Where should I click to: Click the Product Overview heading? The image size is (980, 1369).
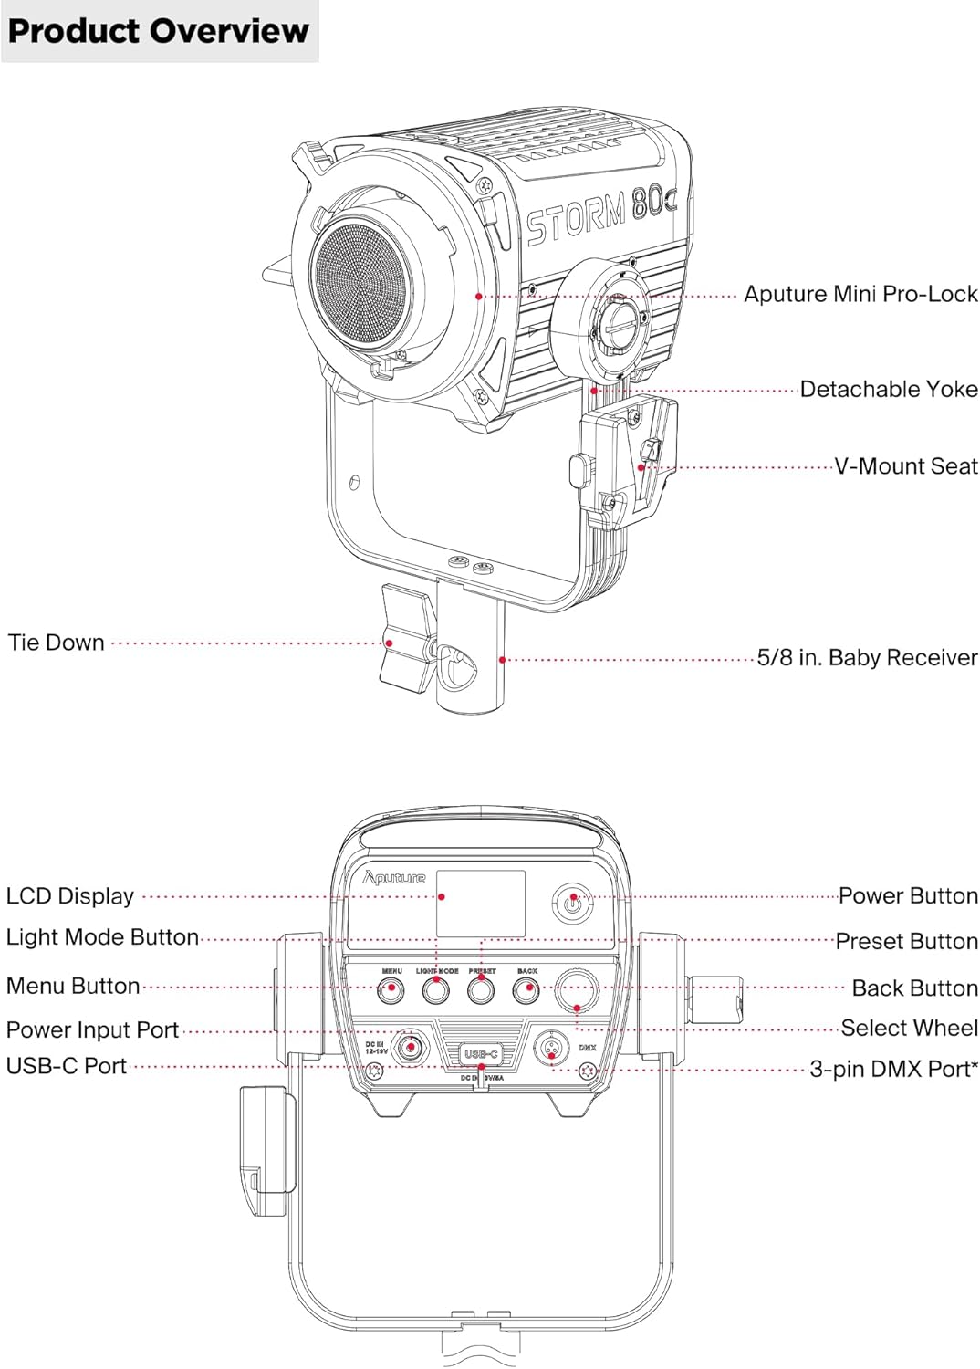point(158,31)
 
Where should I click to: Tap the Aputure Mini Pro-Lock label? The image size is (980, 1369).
point(860,294)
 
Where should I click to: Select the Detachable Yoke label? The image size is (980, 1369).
point(888,390)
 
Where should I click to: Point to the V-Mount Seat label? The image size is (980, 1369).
point(905,466)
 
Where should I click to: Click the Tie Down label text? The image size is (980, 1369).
point(56,643)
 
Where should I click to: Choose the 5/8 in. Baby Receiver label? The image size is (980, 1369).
point(867,658)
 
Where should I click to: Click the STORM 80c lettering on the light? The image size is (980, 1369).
point(600,215)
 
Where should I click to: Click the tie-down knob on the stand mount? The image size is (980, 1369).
point(405,639)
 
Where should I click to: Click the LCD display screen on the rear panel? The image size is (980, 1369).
point(480,903)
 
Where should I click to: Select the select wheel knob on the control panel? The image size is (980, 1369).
point(577,989)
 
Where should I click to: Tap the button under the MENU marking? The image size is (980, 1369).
point(391,989)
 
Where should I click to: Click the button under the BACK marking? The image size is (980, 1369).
point(526,989)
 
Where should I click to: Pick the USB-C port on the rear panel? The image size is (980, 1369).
point(481,1054)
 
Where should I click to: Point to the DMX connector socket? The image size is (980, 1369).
point(551,1048)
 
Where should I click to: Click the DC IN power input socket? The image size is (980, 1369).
point(412,1048)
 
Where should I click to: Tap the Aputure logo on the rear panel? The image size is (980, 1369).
point(394,878)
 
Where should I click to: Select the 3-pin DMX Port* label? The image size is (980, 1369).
point(893,1069)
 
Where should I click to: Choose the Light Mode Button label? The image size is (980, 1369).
point(102,937)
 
